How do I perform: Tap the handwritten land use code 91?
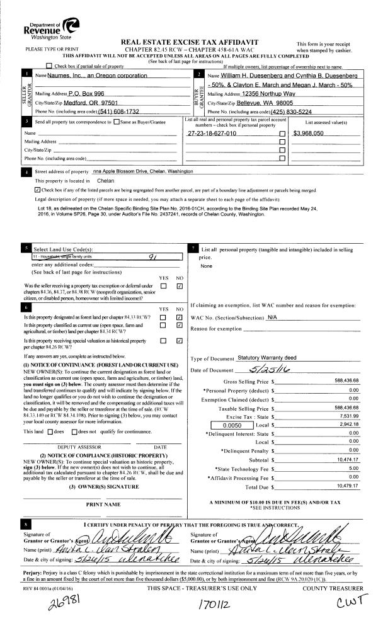click(x=152, y=256)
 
